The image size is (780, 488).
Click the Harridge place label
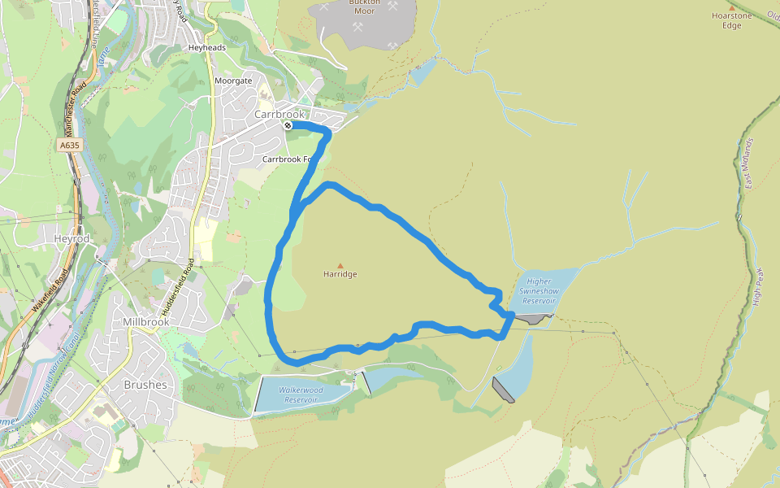click(340, 274)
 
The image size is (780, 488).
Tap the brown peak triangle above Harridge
click(340, 265)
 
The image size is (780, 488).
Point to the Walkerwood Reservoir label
click(301, 394)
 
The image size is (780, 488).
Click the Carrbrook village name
click(279, 115)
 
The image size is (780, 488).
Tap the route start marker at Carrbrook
click(288, 125)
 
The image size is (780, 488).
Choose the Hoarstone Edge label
click(726, 20)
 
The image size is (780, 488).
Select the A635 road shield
click(71, 145)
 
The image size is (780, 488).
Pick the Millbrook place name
click(146, 322)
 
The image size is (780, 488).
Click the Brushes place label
click(145, 385)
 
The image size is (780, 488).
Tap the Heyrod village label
click(70, 240)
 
